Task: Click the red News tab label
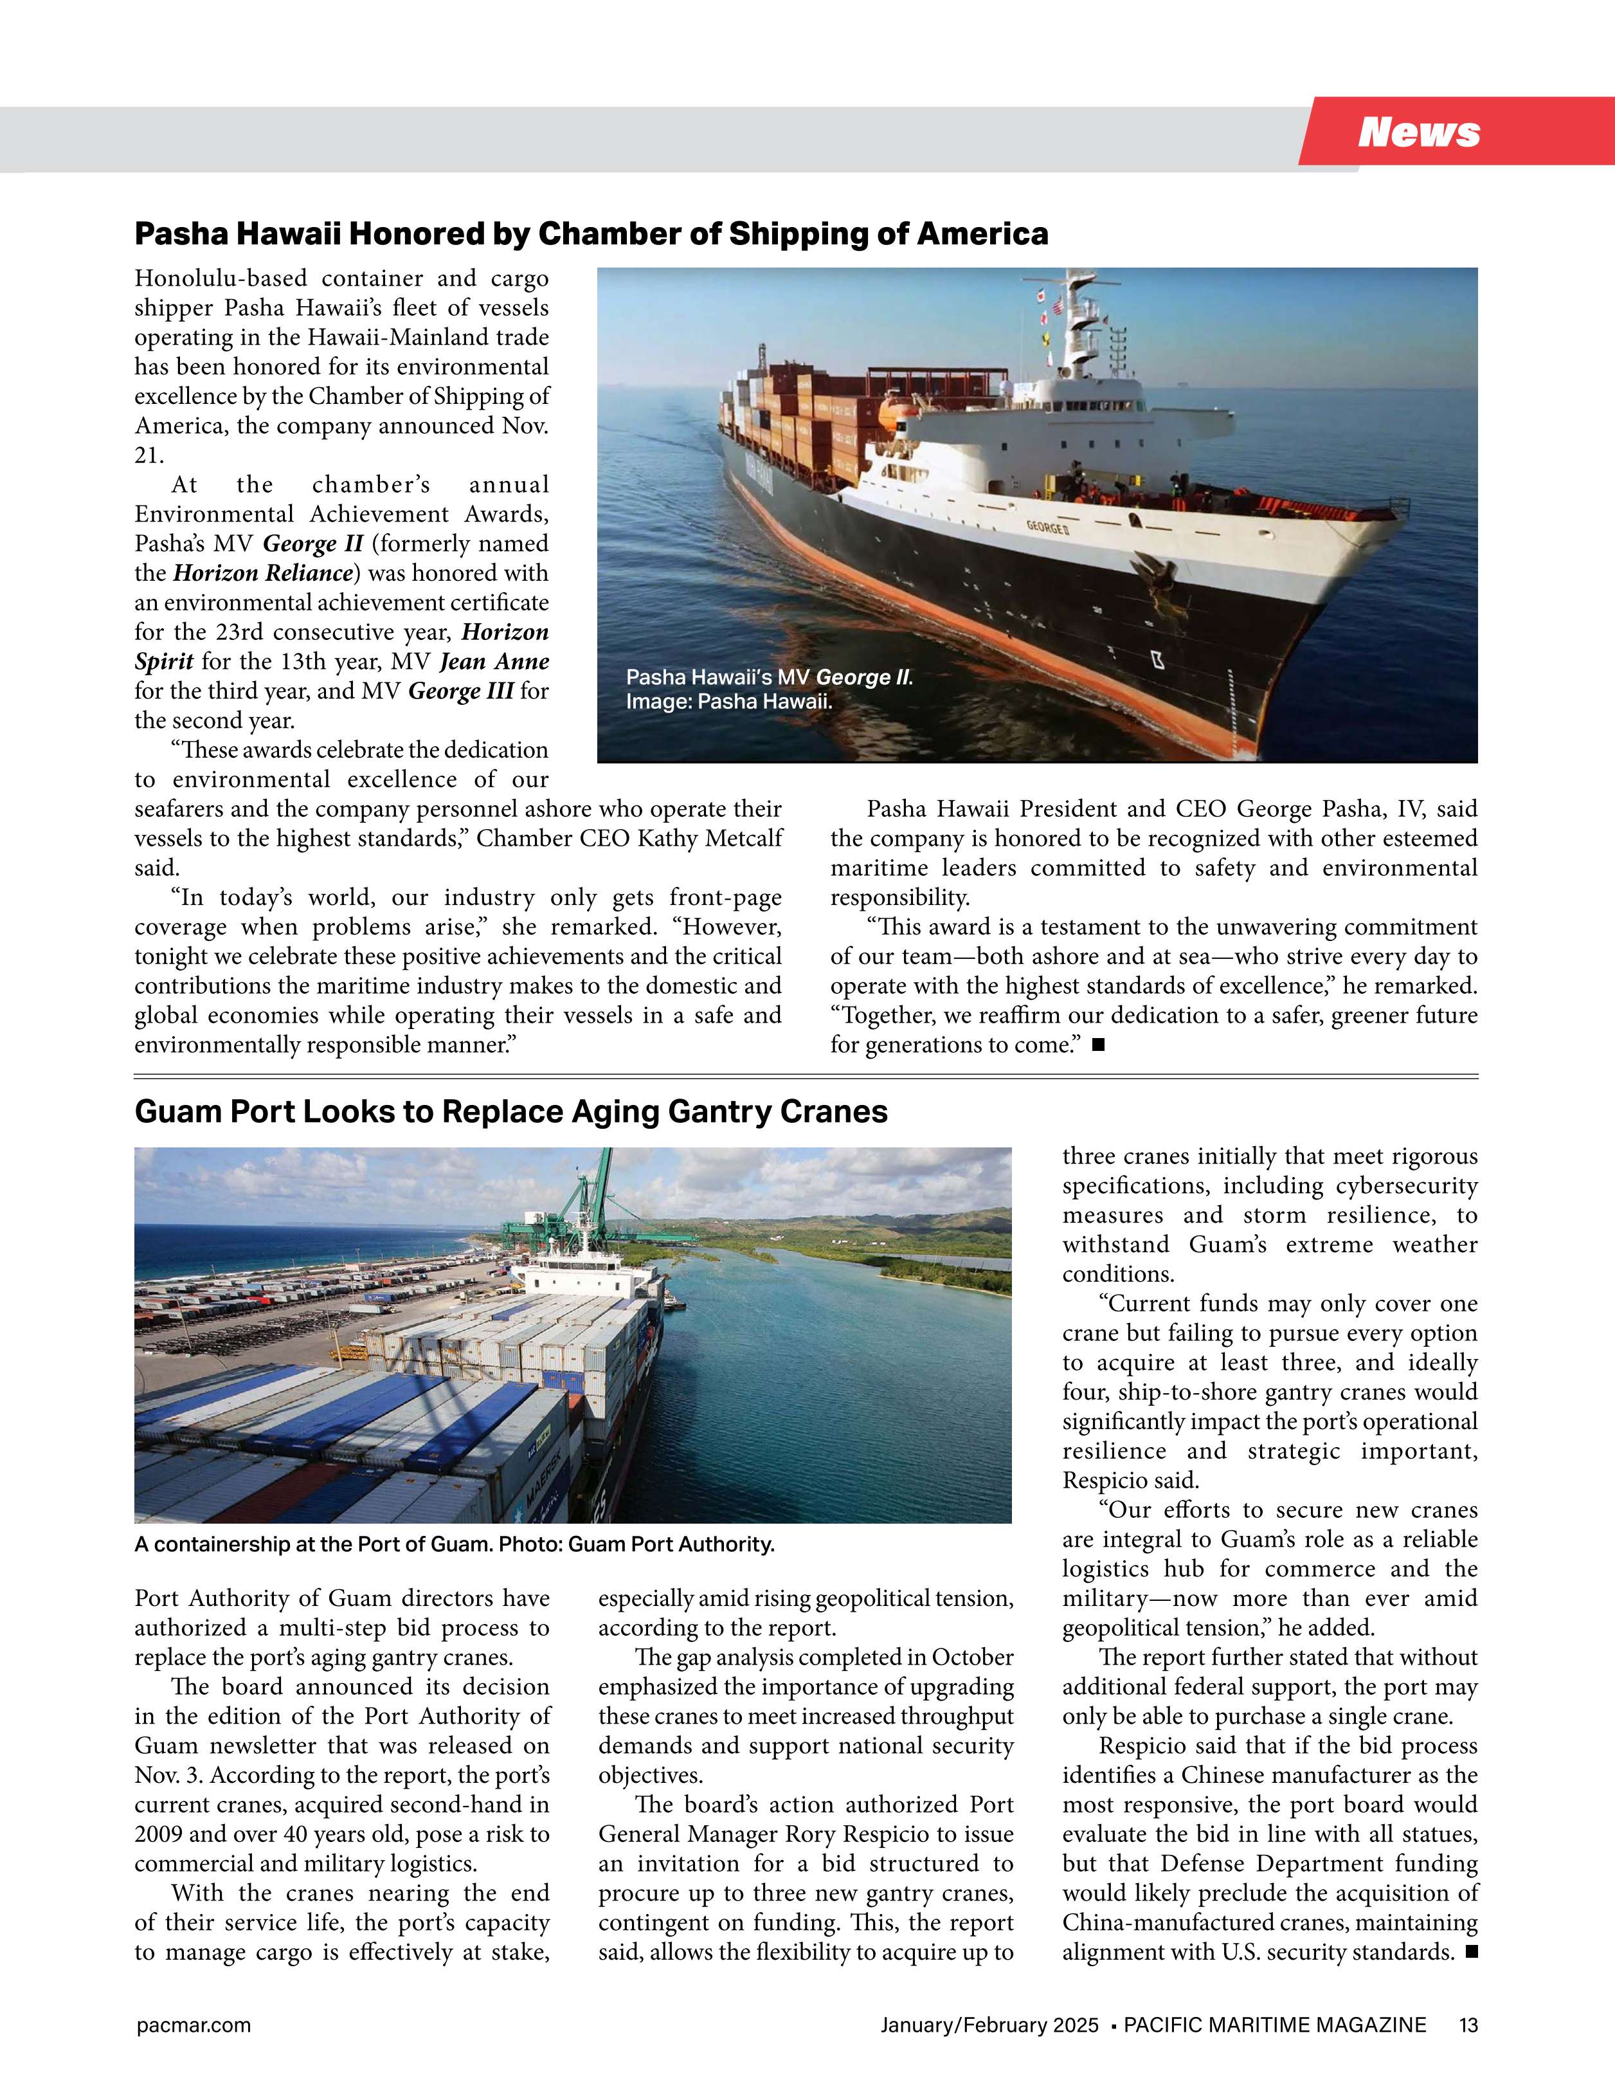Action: (1418, 132)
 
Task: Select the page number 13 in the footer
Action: (1468, 2025)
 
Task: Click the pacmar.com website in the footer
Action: (193, 2025)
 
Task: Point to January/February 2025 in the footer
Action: (989, 2025)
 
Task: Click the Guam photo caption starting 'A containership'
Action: (453, 1545)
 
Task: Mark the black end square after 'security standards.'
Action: (1471, 1951)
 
